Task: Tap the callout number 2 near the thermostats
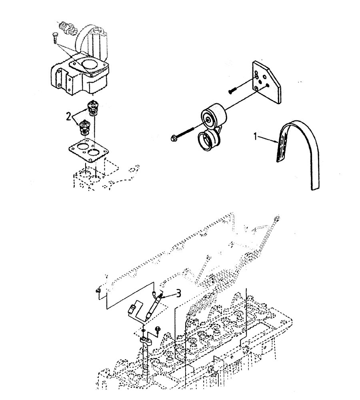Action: click(x=69, y=117)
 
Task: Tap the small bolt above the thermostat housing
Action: click(x=54, y=38)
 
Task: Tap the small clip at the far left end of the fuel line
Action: click(x=98, y=291)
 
